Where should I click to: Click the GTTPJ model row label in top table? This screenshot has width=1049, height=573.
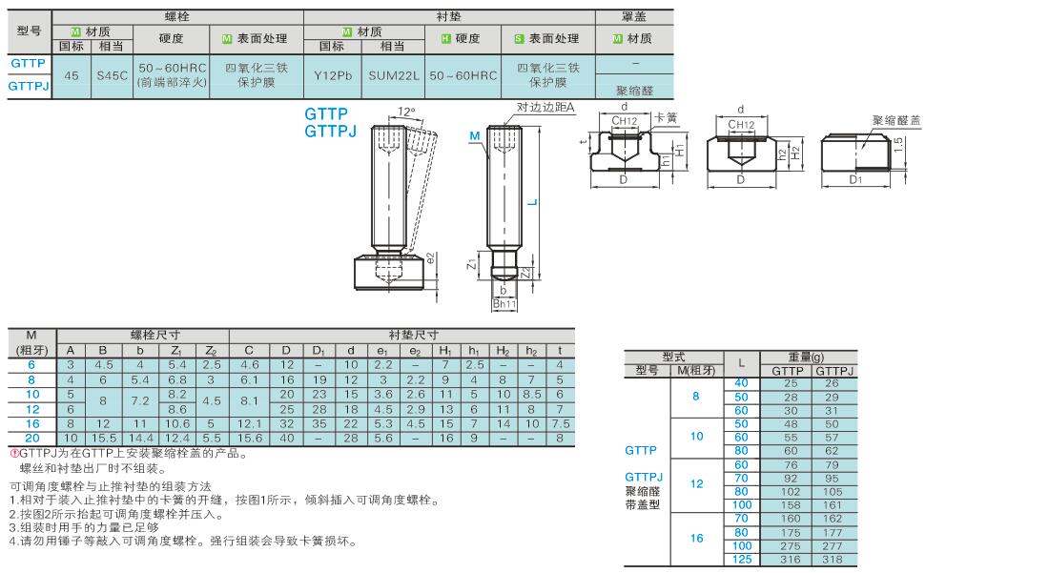(x=29, y=86)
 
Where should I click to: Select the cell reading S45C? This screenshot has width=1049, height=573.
(x=112, y=75)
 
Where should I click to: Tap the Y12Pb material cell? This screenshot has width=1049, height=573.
(x=333, y=75)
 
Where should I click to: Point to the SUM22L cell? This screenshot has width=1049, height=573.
(x=393, y=75)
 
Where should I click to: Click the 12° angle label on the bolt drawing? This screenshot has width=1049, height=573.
(x=406, y=112)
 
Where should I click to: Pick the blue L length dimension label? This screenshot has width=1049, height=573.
(x=532, y=200)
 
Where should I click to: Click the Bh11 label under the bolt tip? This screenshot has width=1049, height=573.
(x=504, y=303)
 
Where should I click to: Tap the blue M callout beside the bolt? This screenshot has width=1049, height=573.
(x=475, y=135)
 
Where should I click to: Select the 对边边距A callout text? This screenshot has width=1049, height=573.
(x=545, y=107)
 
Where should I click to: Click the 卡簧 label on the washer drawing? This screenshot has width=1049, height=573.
(x=666, y=117)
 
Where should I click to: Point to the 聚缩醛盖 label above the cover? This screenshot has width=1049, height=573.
(x=896, y=120)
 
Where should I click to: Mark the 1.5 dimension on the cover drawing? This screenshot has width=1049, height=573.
(x=898, y=144)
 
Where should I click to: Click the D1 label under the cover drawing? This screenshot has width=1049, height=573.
(x=855, y=179)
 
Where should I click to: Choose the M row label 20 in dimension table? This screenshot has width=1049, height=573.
(x=32, y=439)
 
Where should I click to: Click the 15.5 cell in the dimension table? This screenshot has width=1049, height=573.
(x=103, y=439)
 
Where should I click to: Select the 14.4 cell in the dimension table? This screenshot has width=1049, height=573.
(x=140, y=439)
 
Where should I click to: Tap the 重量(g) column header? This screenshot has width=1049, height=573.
(x=808, y=357)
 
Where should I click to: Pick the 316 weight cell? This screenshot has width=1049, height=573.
(x=791, y=560)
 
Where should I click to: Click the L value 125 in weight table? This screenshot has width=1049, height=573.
(x=741, y=560)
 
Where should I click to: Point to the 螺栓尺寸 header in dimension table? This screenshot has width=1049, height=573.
(x=155, y=335)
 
